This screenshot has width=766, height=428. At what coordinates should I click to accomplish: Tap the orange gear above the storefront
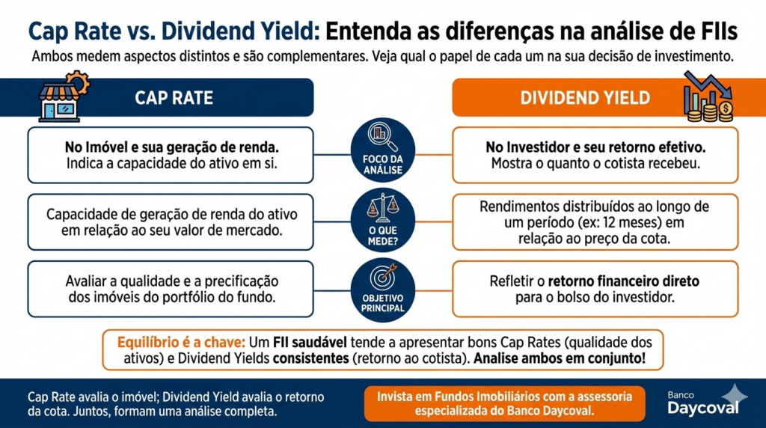[77, 82]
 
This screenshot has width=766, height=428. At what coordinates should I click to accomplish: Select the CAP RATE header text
[174, 98]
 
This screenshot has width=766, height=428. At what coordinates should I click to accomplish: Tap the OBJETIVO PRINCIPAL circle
[383, 287]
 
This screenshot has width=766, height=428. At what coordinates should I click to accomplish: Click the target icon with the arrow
[383, 278]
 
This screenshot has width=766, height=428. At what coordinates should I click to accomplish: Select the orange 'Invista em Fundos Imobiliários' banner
[505, 403]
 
